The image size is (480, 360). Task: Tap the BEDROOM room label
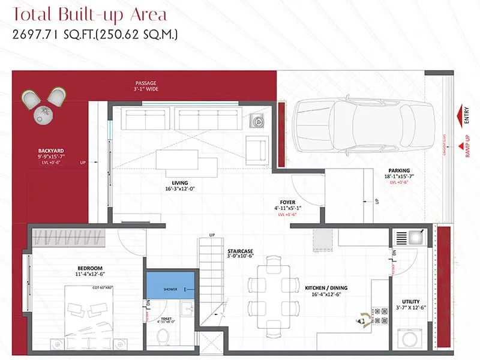(x=90, y=268)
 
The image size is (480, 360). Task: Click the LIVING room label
(x=179, y=183)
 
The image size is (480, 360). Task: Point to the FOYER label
(x=287, y=202)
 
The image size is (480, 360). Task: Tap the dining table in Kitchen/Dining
(x=273, y=294)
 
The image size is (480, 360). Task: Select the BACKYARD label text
(x=51, y=150)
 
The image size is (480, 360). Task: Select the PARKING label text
(x=399, y=170)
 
